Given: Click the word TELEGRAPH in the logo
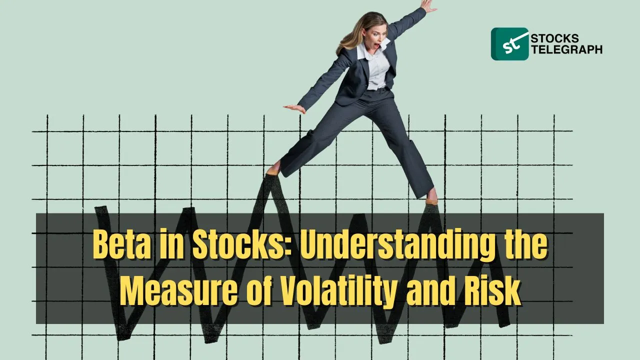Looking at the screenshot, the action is pos(567,49).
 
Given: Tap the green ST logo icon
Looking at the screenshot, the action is pos(509,43).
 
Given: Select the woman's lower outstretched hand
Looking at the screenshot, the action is pos(295,108).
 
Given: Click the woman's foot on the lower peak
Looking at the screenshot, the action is pos(431,197).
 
